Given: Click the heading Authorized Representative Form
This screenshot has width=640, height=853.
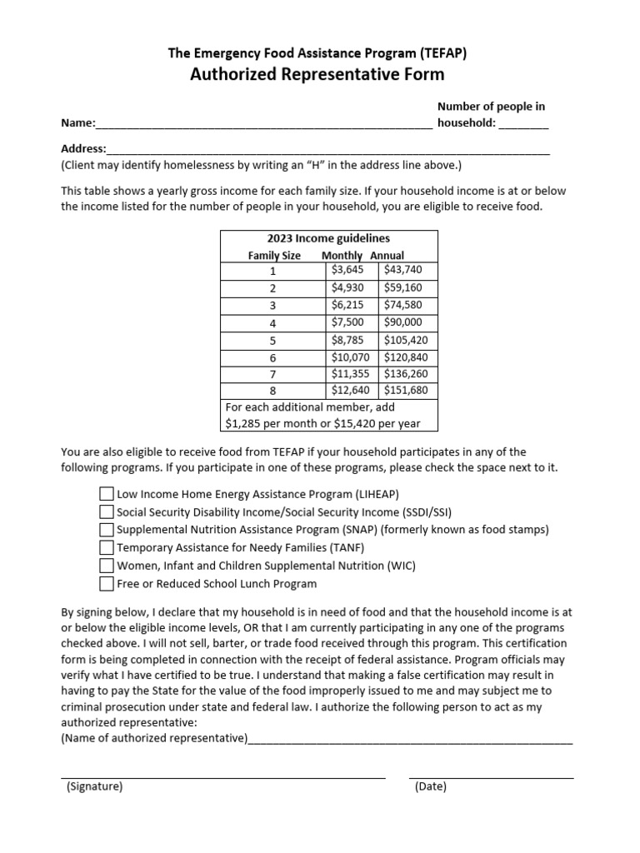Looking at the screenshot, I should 317,75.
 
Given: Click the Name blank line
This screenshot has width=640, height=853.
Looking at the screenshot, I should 264,125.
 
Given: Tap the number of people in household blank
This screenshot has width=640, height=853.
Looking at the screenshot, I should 524,125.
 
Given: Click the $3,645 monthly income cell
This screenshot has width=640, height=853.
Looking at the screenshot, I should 347,270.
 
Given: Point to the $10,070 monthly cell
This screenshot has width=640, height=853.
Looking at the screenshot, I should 350,357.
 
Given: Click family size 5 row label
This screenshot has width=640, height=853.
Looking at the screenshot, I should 272,340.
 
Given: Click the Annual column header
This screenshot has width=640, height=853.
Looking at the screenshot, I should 387,256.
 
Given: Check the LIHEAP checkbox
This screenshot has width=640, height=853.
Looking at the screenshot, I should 106,494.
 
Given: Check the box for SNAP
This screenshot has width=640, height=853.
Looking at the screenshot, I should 106,530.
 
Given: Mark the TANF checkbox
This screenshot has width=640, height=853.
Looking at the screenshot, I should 106,548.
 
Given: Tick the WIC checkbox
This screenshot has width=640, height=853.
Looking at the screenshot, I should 106,566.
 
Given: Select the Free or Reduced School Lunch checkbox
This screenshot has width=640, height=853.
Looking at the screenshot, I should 106,584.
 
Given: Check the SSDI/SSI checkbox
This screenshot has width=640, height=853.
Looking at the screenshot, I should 106,512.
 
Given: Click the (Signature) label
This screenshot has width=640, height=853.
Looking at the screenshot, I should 94,786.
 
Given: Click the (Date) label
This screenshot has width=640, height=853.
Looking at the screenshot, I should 430,786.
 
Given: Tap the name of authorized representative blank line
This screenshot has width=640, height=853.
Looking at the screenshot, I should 410,739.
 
